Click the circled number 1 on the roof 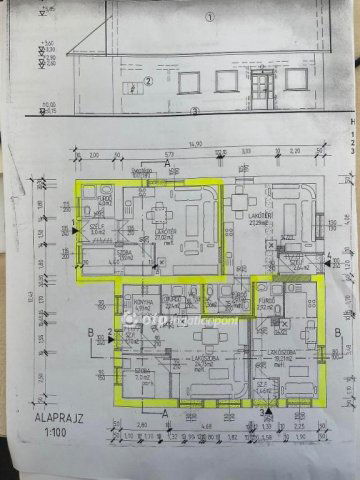(209, 17)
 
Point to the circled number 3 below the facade (196, 110)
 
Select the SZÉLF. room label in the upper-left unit (97, 227)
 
